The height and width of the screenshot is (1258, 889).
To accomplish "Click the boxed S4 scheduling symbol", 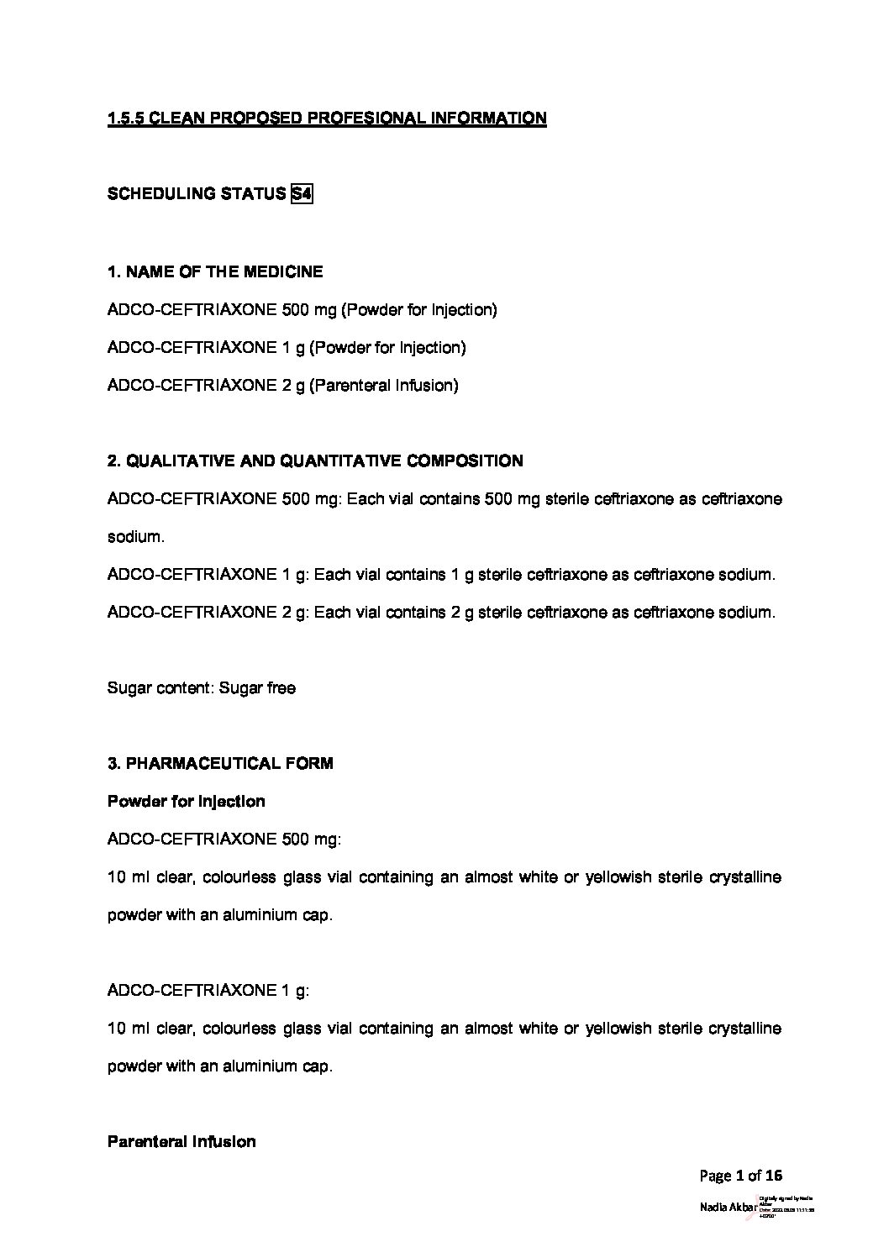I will pyautogui.click(x=301, y=194).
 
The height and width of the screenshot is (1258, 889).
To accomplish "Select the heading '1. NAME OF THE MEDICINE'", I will pyautogui.click(x=215, y=272).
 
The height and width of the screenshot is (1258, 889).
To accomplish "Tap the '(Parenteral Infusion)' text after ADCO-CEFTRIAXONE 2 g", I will pyautogui.click(x=384, y=386).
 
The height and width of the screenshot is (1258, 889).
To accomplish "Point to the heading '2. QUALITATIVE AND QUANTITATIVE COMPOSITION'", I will pyautogui.click(x=315, y=461).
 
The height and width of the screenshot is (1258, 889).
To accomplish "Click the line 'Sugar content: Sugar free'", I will pyautogui.click(x=202, y=688).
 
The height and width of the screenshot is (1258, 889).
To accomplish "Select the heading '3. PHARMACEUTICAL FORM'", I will pyautogui.click(x=220, y=764).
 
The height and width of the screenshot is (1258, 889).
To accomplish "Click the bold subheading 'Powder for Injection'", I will pyautogui.click(x=187, y=802).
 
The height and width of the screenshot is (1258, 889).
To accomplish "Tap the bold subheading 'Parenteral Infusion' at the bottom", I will pyautogui.click(x=181, y=1142).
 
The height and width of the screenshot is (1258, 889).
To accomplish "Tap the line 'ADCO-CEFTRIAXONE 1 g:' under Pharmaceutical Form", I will pyautogui.click(x=208, y=991).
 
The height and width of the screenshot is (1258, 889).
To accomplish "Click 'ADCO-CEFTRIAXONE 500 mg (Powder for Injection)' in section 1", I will pyautogui.click(x=302, y=310).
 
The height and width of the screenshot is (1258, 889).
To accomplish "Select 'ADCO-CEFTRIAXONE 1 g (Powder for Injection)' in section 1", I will pyautogui.click(x=287, y=348).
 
